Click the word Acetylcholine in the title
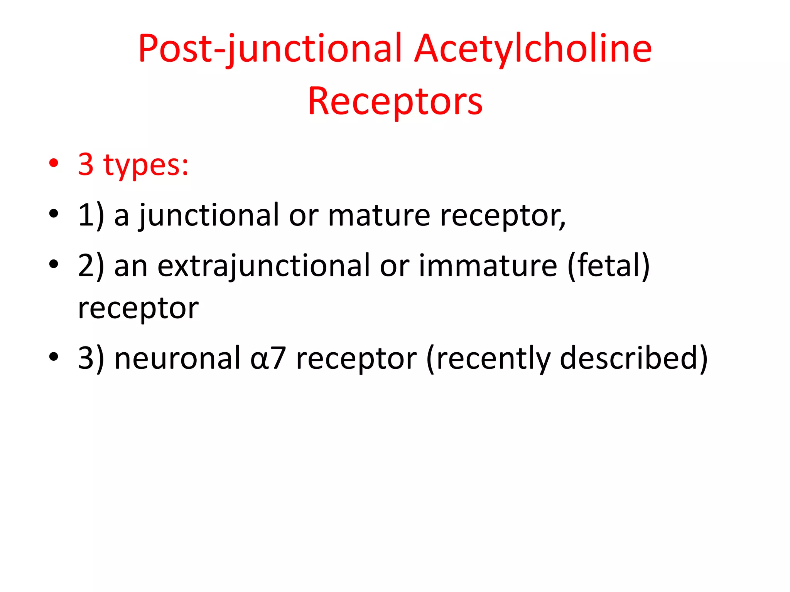pos(533,49)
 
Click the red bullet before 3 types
pos(54,163)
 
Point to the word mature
pos(379,216)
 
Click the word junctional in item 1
pos(208,216)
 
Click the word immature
pos(488,266)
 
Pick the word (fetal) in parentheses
pos(609,266)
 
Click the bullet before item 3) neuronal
pos(54,356)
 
